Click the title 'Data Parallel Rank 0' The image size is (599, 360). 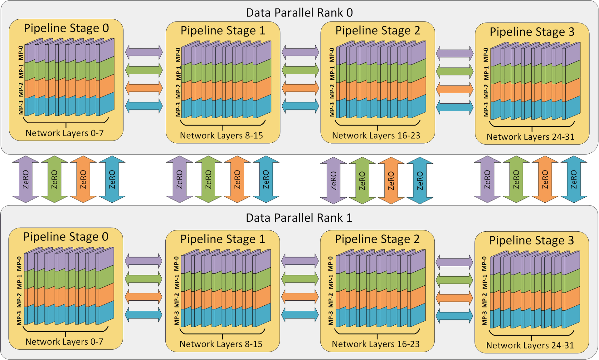(x=299, y=13)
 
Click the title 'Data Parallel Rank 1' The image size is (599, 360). (x=299, y=218)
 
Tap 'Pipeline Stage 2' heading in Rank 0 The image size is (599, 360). (x=377, y=31)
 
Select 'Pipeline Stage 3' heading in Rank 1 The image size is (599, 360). (x=531, y=240)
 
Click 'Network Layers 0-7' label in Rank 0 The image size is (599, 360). (x=65, y=133)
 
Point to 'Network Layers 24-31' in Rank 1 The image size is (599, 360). (x=530, y=345)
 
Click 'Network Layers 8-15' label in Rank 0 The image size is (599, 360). (x=221, y=136)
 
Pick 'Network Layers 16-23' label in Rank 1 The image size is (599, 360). (x=376, y=344)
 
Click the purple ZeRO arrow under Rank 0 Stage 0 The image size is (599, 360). (x=26, y=179)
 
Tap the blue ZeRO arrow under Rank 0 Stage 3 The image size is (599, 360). (x=574, y=179)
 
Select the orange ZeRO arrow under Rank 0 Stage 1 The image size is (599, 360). (x=237, y=179)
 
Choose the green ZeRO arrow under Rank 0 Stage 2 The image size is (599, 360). (x=362, y=180)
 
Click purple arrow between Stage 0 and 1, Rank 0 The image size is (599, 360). (x=144, y=52)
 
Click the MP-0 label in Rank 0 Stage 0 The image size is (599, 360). (x=21, y=53)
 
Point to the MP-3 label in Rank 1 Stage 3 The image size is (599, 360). (x=484, y=318)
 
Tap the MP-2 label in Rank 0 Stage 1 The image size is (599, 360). (x=178, y=91)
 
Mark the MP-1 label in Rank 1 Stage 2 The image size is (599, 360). (x=331, y=282)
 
